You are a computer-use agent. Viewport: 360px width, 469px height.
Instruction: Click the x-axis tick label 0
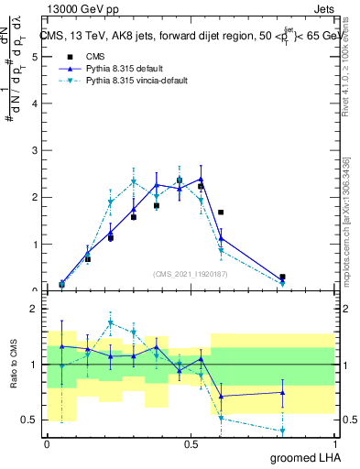pyautogui.click(x=47, y=443)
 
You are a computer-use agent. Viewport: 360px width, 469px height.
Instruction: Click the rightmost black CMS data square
pyautogui.click(x=282, y=277)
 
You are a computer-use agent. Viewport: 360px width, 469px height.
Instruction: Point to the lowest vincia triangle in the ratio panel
pyautogui.click(x=282, y=431)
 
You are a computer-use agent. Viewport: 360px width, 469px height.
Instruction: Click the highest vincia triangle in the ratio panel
pyautogui.click(x=111, y=323)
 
